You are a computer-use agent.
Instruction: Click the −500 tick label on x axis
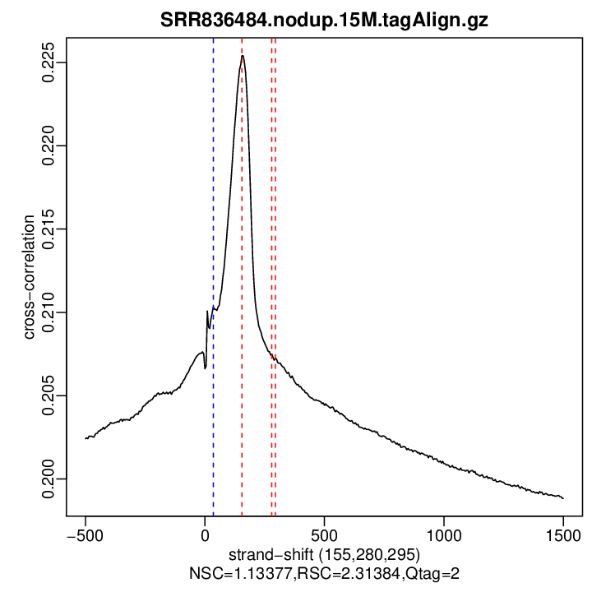(x=85, y=533)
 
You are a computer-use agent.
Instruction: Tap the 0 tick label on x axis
(x=205, y=533)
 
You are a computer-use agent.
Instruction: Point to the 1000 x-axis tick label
(x=444, y=533)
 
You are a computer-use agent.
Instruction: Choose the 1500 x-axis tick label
(x=563, y=533)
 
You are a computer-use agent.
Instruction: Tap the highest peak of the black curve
(x=243, y=56)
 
